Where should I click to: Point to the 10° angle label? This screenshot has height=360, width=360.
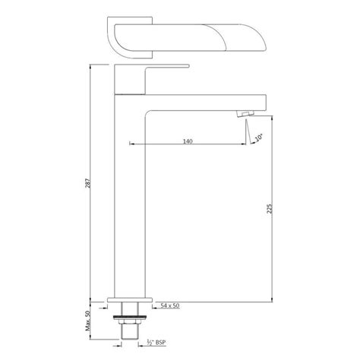click(x=260, y=137)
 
